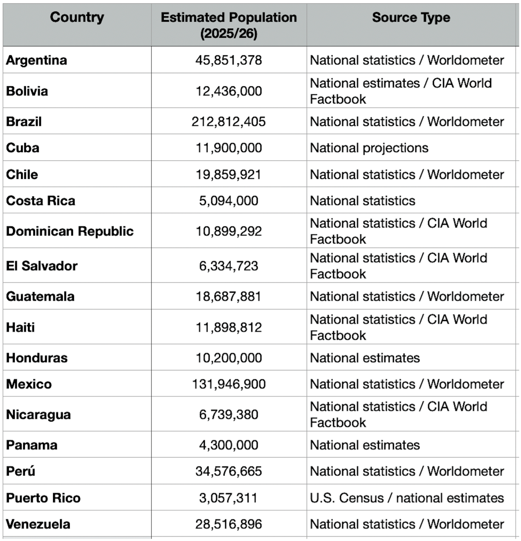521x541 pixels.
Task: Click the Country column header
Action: click(x=77, y=17)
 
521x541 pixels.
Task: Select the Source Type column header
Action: click(x=411, y=17)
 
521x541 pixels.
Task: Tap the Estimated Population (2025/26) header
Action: click(x=229, y=25)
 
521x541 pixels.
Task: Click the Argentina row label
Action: click(x=37, y=60)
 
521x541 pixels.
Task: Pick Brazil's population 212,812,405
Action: click(x=229, y=122)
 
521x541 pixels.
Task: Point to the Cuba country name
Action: click(x=23, y=148)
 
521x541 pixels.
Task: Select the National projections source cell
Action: click(x=369, y=148)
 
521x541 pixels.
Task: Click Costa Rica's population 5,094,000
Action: click(x=229, y=201)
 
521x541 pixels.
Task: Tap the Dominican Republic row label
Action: click(x=70, y=231)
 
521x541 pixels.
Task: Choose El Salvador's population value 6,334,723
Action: click(x=229, y=266)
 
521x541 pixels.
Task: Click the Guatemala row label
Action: click(x=40, y=297)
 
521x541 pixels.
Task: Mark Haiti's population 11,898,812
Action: click(x=229, y=327)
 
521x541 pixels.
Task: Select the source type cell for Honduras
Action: click(x=365, y=358)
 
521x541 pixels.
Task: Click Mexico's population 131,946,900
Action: click(x=229, y=384)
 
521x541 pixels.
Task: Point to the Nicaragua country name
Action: click(x=38, y=415)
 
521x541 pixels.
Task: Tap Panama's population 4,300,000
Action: click(x=229, y=445)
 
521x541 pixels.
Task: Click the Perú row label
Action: click(x=21, y=471)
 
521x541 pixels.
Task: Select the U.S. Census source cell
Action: click(x=407, y=498)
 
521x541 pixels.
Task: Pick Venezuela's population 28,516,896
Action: click(x=229, y=524)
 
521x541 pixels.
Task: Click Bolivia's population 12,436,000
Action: click(x=229, y=91)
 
